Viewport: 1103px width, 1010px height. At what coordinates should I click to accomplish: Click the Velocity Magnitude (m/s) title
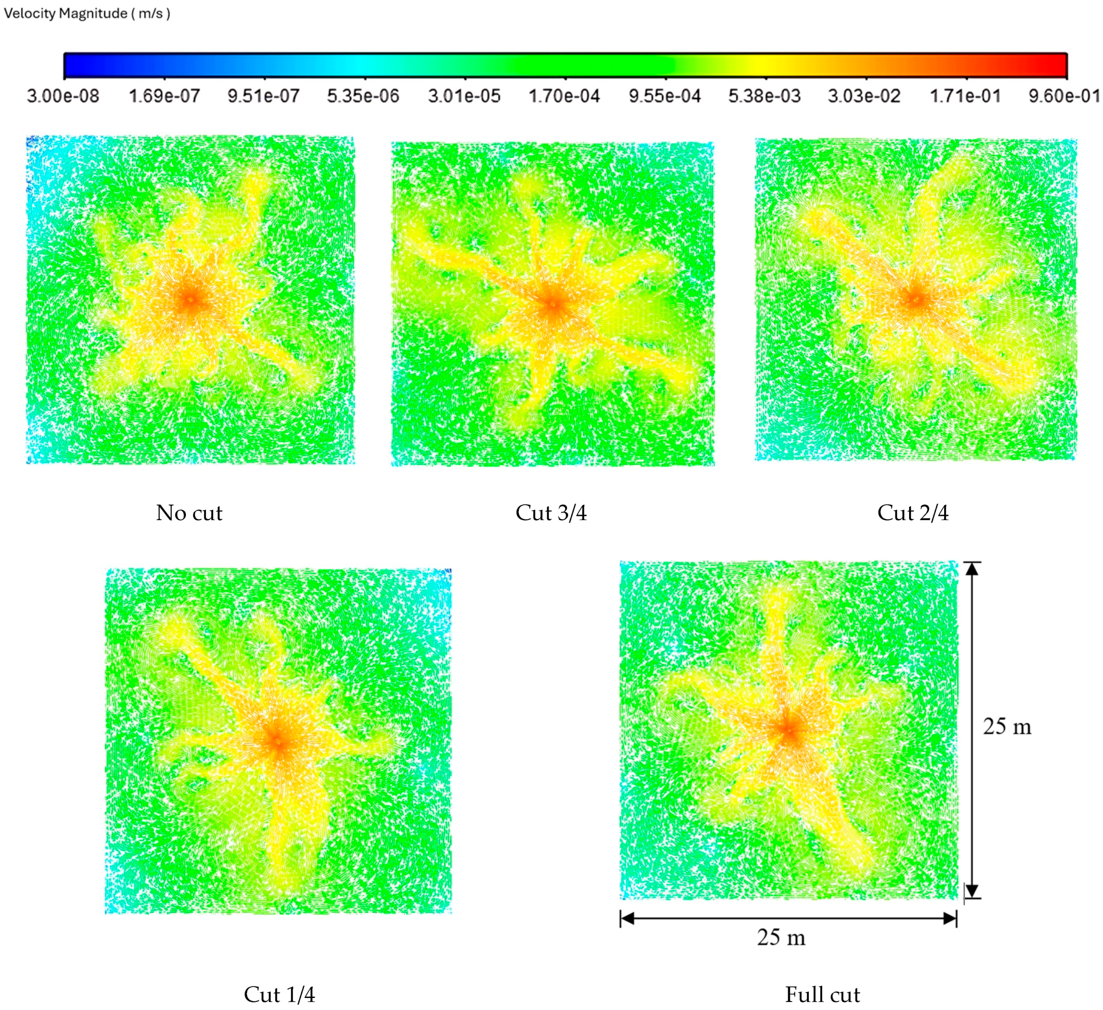pos(87,13)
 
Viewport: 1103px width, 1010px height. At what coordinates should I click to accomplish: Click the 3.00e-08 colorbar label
pos(63,96)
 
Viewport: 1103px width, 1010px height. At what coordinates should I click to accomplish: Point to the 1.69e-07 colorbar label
pos(164,96)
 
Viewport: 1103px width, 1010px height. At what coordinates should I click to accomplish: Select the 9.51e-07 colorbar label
pos(264,96)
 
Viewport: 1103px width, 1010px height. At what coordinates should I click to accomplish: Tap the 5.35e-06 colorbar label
pos(363,96)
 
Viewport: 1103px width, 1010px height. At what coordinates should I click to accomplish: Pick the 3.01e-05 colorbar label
pos(464,96)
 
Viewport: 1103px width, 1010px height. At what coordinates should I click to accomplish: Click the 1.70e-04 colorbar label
pos(564,96)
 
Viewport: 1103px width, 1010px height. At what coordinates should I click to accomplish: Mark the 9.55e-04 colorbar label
pos(665,96)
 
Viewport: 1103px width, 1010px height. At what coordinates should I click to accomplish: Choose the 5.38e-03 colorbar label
pos(764,96)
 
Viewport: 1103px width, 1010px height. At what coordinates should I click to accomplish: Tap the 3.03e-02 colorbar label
pos(864,96)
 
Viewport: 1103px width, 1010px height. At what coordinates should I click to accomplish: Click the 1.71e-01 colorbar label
pos(965,96)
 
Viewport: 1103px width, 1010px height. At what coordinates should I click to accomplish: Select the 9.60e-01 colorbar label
pos(1064,96)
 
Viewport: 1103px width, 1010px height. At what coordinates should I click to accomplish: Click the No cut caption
pos(189,513)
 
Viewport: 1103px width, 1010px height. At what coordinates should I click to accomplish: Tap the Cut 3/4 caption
pos(551,513)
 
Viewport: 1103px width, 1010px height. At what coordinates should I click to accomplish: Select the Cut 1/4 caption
pos(279,995)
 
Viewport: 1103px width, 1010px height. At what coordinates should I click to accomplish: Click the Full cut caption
pos(822,995)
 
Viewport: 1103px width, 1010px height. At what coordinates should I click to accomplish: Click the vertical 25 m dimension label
pos(1007,727)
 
